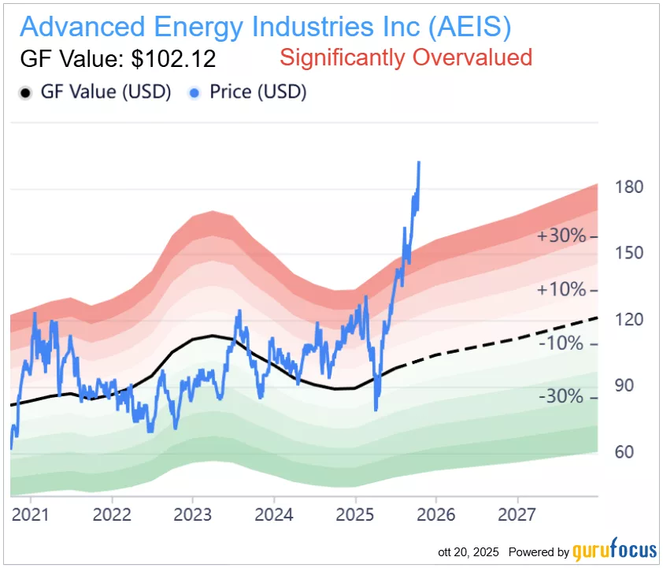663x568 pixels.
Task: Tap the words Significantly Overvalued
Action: coord(406,58)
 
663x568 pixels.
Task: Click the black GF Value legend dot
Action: coord(25,92)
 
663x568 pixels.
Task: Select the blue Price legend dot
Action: coord(194,92)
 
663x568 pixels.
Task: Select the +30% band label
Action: coord(561,236)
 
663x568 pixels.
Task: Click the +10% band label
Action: coord(561,290)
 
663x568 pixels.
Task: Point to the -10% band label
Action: coord(561,343)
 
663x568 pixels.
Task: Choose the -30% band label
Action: coord(561,397)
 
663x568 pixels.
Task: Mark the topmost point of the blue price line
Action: coord(419,162)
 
